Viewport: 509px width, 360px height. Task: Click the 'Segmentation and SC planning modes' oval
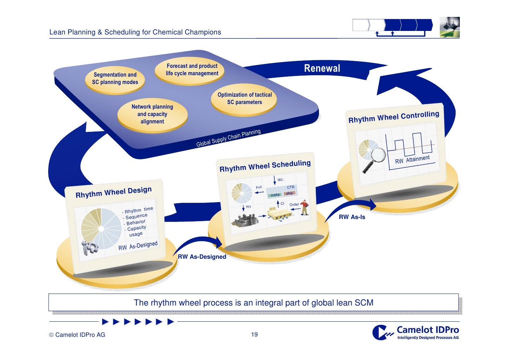pyautogui.click(x=115, y=79)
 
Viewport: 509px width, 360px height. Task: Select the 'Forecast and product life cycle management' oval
pyautogui.click(x=192, y=70)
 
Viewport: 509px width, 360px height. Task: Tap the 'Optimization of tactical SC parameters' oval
pyautogui.click(x=244, y=99)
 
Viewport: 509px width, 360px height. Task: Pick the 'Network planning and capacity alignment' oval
pyautogui.click(x=152, y=114)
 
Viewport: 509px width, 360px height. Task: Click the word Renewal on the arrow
pyautogui.click(x=322, y=68)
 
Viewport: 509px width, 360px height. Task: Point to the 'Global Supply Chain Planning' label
pyautogui.click(x=228, y=138)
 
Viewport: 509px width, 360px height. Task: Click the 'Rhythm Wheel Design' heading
pyautogui.click(x=113, y=192)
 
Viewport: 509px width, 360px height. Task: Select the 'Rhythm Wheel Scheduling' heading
pyautogui.click(x=265, y=166)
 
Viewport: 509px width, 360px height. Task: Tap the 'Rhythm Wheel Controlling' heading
pyautogui.click(x=393, y=117)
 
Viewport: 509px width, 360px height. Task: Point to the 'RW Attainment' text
pyautogui.click(x=412, y=160)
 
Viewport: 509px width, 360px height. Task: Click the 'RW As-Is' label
pyautogui.click(x=352, y=217)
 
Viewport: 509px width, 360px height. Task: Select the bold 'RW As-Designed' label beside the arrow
pyautogui.click(x=202, y=257)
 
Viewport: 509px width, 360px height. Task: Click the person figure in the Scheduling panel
pyautogui.click(x=305, y=207)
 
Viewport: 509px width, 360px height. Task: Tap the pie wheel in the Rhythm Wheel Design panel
pyautogui.click(x=101, y=228)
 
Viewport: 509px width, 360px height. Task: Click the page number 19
pyautogui.click(x=254, y=335)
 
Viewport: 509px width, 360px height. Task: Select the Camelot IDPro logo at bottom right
pyautogui.click(x=416, y=333)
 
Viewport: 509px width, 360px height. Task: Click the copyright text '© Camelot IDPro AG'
pyautogui.click(x=77, y=335)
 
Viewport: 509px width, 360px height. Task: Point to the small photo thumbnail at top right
pyautogui.click(x=449, y=27)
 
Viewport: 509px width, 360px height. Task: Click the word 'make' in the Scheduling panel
pyautogui.click(x=275, y=195)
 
